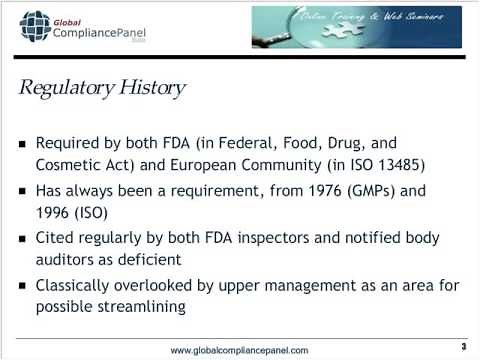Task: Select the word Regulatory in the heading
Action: point(73,88)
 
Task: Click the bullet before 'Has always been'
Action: point(23,191)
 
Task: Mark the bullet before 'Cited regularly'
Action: point(23,239)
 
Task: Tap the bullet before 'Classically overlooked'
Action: point(23,287)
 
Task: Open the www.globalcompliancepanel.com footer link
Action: point(239,349)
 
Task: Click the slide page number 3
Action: point(464,347)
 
